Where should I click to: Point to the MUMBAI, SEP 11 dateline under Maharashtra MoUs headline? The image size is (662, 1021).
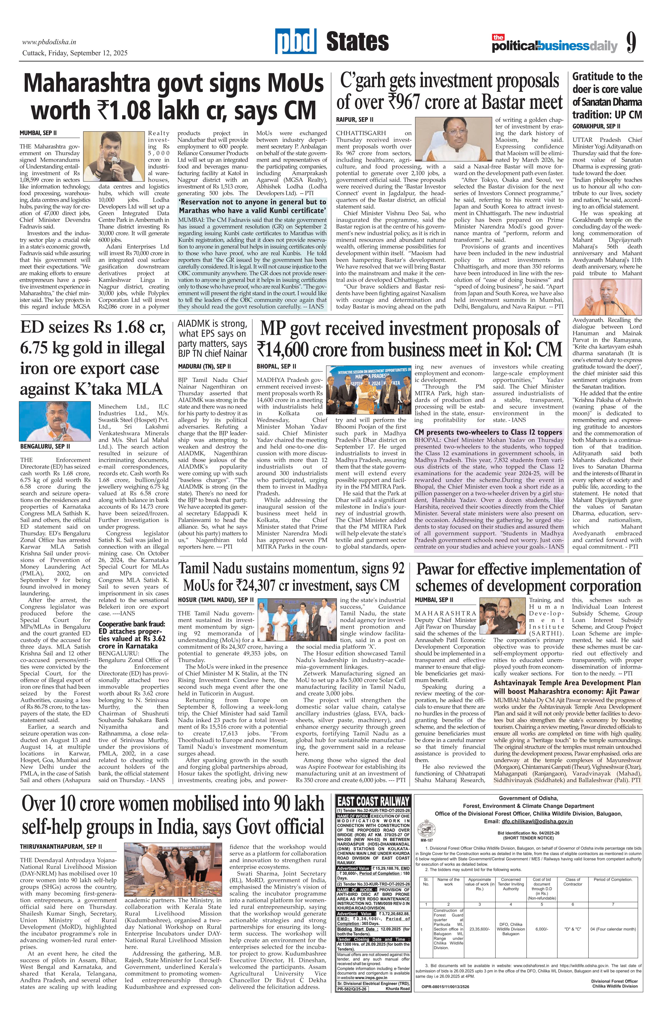pos(39,134)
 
